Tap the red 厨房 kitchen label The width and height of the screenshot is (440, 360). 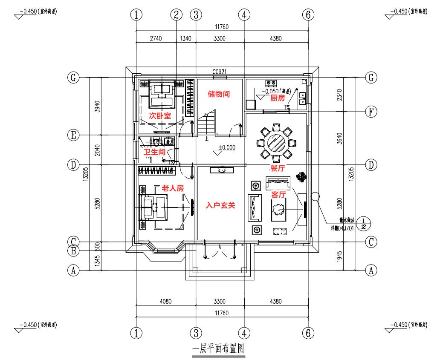click(x=278, y=98)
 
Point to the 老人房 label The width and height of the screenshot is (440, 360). click(x=172, y=188)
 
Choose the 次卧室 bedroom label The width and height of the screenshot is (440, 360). click(x=159, y=115)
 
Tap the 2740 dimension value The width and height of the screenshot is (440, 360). click(x=156, y=38)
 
